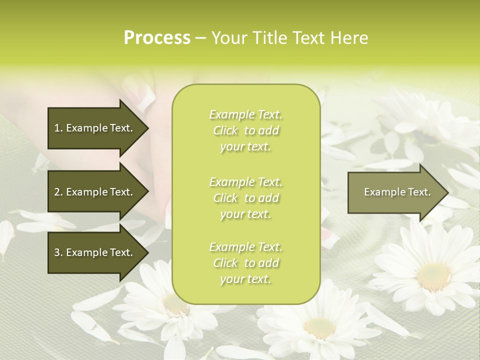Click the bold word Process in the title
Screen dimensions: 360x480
tap(157, 38)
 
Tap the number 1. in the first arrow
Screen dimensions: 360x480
tap(58, 128)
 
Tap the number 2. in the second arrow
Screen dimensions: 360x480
tap(58, 192)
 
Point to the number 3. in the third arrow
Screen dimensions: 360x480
tap(58, 252)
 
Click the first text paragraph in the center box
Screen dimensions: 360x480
tap(245, 130)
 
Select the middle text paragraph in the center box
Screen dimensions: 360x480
tap(245, 198)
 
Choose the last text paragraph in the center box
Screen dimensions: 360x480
tap(245, 263)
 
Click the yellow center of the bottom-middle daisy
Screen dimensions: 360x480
tap(319, 328)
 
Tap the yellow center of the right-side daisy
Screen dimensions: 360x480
tap(433, 276)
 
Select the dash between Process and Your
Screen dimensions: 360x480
tap(200, 38)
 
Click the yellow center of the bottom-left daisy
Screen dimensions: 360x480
tap(175, 304)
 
